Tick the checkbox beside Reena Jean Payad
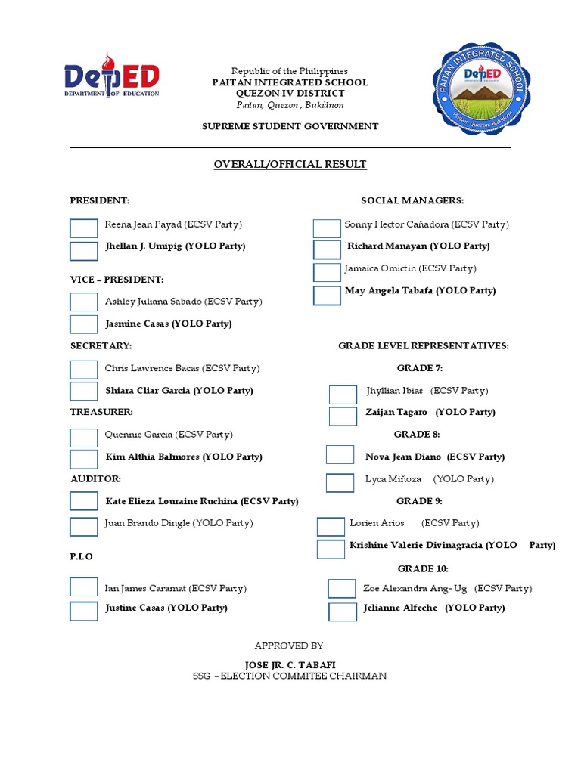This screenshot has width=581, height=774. (84, 228)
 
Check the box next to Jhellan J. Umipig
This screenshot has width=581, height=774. (84, 251)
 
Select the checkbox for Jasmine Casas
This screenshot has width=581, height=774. (84, 324)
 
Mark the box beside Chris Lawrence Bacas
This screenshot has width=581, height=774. (84, 370)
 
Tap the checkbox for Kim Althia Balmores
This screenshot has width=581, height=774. (84, 460)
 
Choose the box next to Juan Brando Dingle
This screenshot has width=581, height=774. (84, 526)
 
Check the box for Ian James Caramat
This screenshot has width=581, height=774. (84, 587)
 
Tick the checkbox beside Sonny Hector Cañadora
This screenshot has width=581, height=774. (327, 228)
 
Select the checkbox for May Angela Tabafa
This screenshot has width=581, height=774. (327, 296)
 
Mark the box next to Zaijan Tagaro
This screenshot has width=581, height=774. (343, 416)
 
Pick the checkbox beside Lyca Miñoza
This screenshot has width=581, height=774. (340, 483)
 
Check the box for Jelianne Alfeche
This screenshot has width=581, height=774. (343, 611)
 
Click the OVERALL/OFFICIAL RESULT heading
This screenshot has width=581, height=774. (290, 164)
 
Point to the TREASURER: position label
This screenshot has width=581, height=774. (102, 412)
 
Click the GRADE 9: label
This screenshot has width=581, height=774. (419, 501)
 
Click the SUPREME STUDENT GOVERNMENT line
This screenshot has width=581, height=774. (290, 126)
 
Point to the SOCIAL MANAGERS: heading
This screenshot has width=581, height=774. (412, 200)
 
